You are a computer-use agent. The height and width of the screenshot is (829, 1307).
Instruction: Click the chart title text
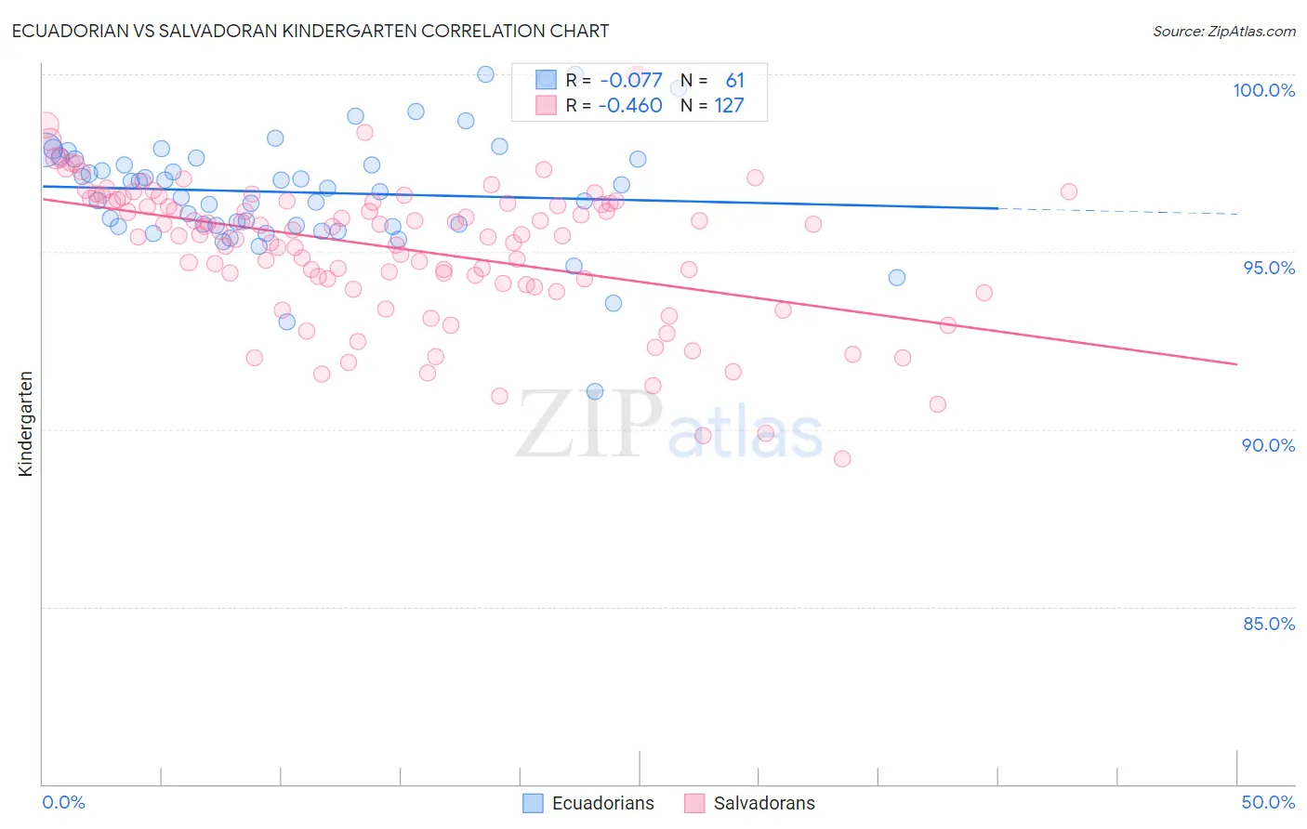(x=310, y=31)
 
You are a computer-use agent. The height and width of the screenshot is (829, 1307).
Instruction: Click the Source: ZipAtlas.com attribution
(x=1223, y=32)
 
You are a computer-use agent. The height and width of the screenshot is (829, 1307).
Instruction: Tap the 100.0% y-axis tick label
(x=1263, y=90)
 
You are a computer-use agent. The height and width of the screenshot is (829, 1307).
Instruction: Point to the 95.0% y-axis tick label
(x=1269, y=268)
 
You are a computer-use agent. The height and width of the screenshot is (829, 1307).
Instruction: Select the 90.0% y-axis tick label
(x=1269, y=445)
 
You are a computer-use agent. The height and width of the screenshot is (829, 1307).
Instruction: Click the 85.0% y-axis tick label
(x=1269, y=624)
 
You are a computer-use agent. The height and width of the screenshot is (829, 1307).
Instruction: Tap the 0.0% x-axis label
(x=63, y=802)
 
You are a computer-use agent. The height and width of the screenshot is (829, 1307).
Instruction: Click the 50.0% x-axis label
(x=1268, y=802)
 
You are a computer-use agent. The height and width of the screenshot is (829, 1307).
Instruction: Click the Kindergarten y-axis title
(x=25, y=424)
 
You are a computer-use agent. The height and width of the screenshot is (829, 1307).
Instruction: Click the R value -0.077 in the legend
(x=630, y=81)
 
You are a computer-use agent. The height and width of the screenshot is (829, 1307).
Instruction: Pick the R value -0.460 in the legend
(x=630, y=106)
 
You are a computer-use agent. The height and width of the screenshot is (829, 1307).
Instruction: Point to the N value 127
(x=729, y=106)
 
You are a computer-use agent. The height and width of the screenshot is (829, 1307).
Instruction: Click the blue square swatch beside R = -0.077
(x=546, y=81)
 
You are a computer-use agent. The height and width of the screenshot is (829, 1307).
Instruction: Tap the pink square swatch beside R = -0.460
(x=546, y=106)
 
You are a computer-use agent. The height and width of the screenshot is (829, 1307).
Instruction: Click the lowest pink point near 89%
(x=842, y=458)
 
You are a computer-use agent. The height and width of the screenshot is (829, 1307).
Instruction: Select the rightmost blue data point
(x=896, y=278)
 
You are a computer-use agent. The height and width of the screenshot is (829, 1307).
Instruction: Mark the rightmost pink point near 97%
(x=1068, y=191)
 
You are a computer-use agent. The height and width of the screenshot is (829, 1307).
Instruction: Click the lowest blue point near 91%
(x=595, y=391)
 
